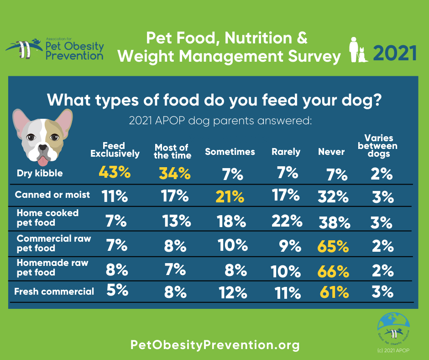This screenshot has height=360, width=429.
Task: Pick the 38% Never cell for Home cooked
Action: click(x=334, y=222)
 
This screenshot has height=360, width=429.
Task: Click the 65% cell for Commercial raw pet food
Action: click(x=333, y=247)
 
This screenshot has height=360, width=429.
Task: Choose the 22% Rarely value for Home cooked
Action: click(x=286, y=221)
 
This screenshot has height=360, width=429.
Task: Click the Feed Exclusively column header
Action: click(x=115, y=150)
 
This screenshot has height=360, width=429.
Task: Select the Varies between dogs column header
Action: click(x=378, y=146)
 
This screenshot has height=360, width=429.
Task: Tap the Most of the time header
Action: click(x=172, y=151)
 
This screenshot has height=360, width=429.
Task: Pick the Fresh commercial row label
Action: click(x=54, y=291)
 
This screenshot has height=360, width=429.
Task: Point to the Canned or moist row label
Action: click(x=52, y=195)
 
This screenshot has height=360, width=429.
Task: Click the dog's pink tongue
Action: click(x=43, y=161)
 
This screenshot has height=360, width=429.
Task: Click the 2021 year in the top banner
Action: click(x=395, y=53)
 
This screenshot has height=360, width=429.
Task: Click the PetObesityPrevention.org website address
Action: click(x=215, y=345)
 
